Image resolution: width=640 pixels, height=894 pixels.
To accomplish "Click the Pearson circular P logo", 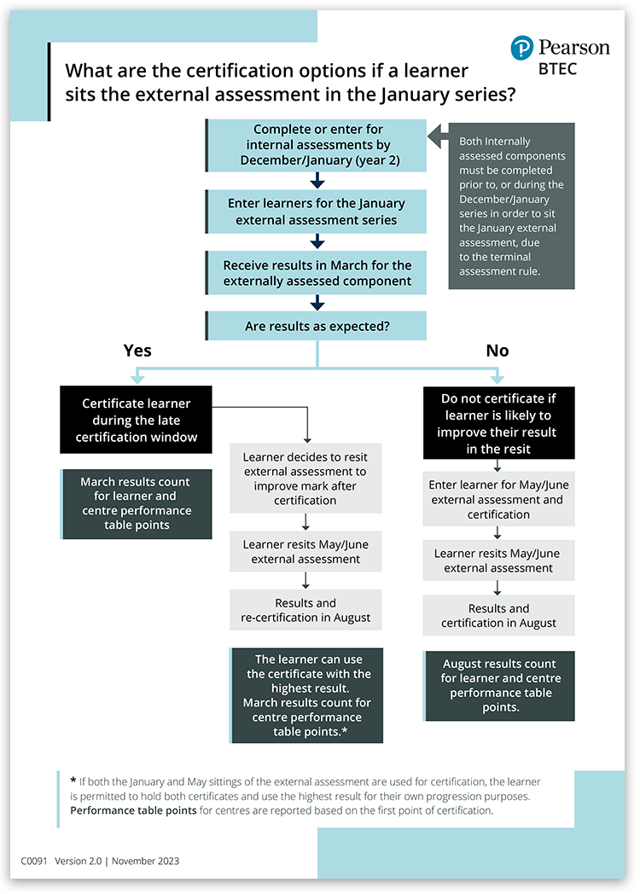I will (522, 49).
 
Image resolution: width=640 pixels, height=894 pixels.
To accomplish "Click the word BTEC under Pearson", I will (557, 69).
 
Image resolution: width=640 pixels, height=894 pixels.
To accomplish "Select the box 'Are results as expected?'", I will (317, 326).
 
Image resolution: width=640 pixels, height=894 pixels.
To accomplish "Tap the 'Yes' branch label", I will (137, 351).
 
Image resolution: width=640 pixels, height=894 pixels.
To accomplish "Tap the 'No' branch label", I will (497, 351).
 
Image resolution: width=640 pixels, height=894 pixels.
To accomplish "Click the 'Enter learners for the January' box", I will (317, 212).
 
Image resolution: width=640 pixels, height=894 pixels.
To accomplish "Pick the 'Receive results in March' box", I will (317, 273).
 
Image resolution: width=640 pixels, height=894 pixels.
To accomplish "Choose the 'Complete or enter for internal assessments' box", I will (317, 145).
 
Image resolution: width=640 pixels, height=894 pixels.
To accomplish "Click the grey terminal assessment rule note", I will (512, 206).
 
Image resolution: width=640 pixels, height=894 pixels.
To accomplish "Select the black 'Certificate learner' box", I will (137, 420).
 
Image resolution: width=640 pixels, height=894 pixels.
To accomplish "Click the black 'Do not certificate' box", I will (499, 423).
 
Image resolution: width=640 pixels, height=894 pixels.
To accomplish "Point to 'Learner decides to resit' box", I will (305, 479).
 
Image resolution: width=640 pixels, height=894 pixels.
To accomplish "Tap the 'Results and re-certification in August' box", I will (305, 610).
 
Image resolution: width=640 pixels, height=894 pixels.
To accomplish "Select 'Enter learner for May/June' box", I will (499, 499).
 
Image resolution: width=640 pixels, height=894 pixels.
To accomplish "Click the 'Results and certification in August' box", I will (499, 616).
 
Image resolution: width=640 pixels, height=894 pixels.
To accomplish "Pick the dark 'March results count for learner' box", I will (137, 503).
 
